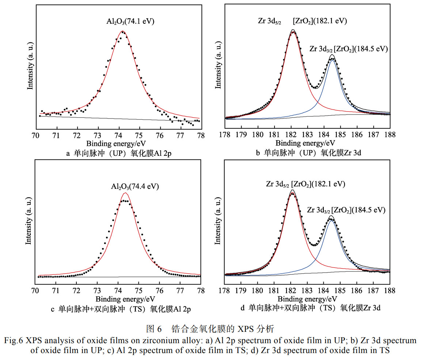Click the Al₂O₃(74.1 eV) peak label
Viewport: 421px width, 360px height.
(x=128, y=22)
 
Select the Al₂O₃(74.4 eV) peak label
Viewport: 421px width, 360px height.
(x=135, y=187)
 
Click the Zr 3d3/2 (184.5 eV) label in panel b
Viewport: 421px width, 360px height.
(x=348, y=49)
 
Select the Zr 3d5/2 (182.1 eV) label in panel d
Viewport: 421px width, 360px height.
(x=305, y=184)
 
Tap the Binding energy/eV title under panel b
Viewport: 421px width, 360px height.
(x=305, y=143)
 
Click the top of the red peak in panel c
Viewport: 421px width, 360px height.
(x=125, y=192)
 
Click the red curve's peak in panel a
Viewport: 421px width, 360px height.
(x=123, y=31)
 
